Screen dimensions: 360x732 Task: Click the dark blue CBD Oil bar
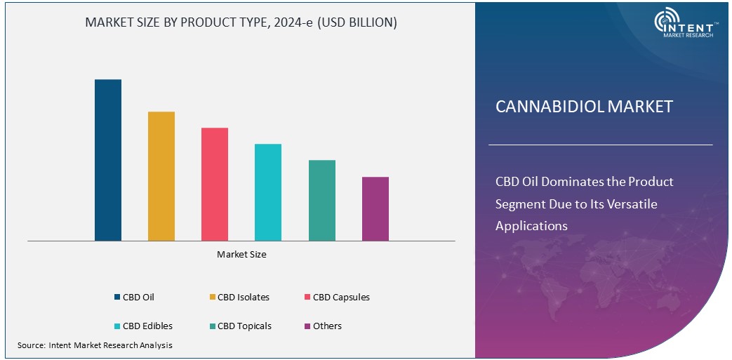(x=108, y=160)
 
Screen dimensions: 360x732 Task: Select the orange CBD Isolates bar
(x=161, y=176)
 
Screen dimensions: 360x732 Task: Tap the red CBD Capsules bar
(x=215, y=185)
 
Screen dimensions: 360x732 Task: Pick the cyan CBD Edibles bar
(x=268, y=192)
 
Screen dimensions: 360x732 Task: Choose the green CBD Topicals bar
(x=321, y=201)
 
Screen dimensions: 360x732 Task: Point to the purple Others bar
(x=375, y=209)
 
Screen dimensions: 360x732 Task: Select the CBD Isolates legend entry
(x=239, y=298)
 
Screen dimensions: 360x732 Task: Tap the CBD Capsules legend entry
(x=336, y=298)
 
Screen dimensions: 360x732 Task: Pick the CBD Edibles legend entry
(x=142, y=326)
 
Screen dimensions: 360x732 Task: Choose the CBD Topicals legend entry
(x=239, y=326)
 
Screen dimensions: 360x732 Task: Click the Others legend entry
(x=323, y=326)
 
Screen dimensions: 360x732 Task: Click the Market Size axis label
(x=241, y=255)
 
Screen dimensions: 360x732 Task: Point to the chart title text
(x=241, y=22)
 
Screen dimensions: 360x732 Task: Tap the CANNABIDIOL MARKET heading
(x=584, y=107)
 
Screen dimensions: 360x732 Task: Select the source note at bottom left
(x=95, y=345)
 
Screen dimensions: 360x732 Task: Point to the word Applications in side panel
(x=531, y=226)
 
